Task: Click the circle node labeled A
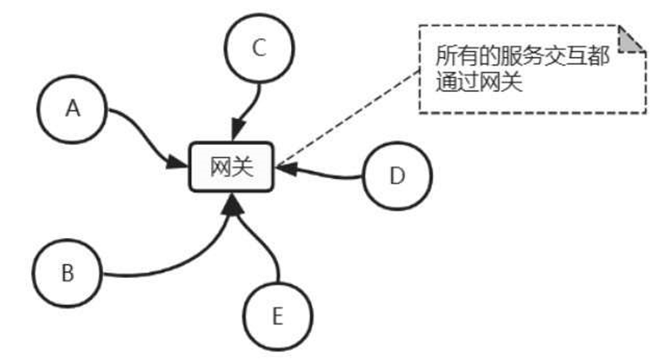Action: pos(72,110)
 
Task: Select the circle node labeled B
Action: pos(67,273)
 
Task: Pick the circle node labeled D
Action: pos(397,176)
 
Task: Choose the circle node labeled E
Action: pos(277,317)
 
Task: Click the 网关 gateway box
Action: pos(232,167)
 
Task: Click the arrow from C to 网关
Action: pos(248,104)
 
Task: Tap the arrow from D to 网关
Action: pos(326,174)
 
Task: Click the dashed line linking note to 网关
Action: pos(347,118)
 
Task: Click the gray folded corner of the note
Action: pos(632,40)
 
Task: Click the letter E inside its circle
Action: pos(277,317)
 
